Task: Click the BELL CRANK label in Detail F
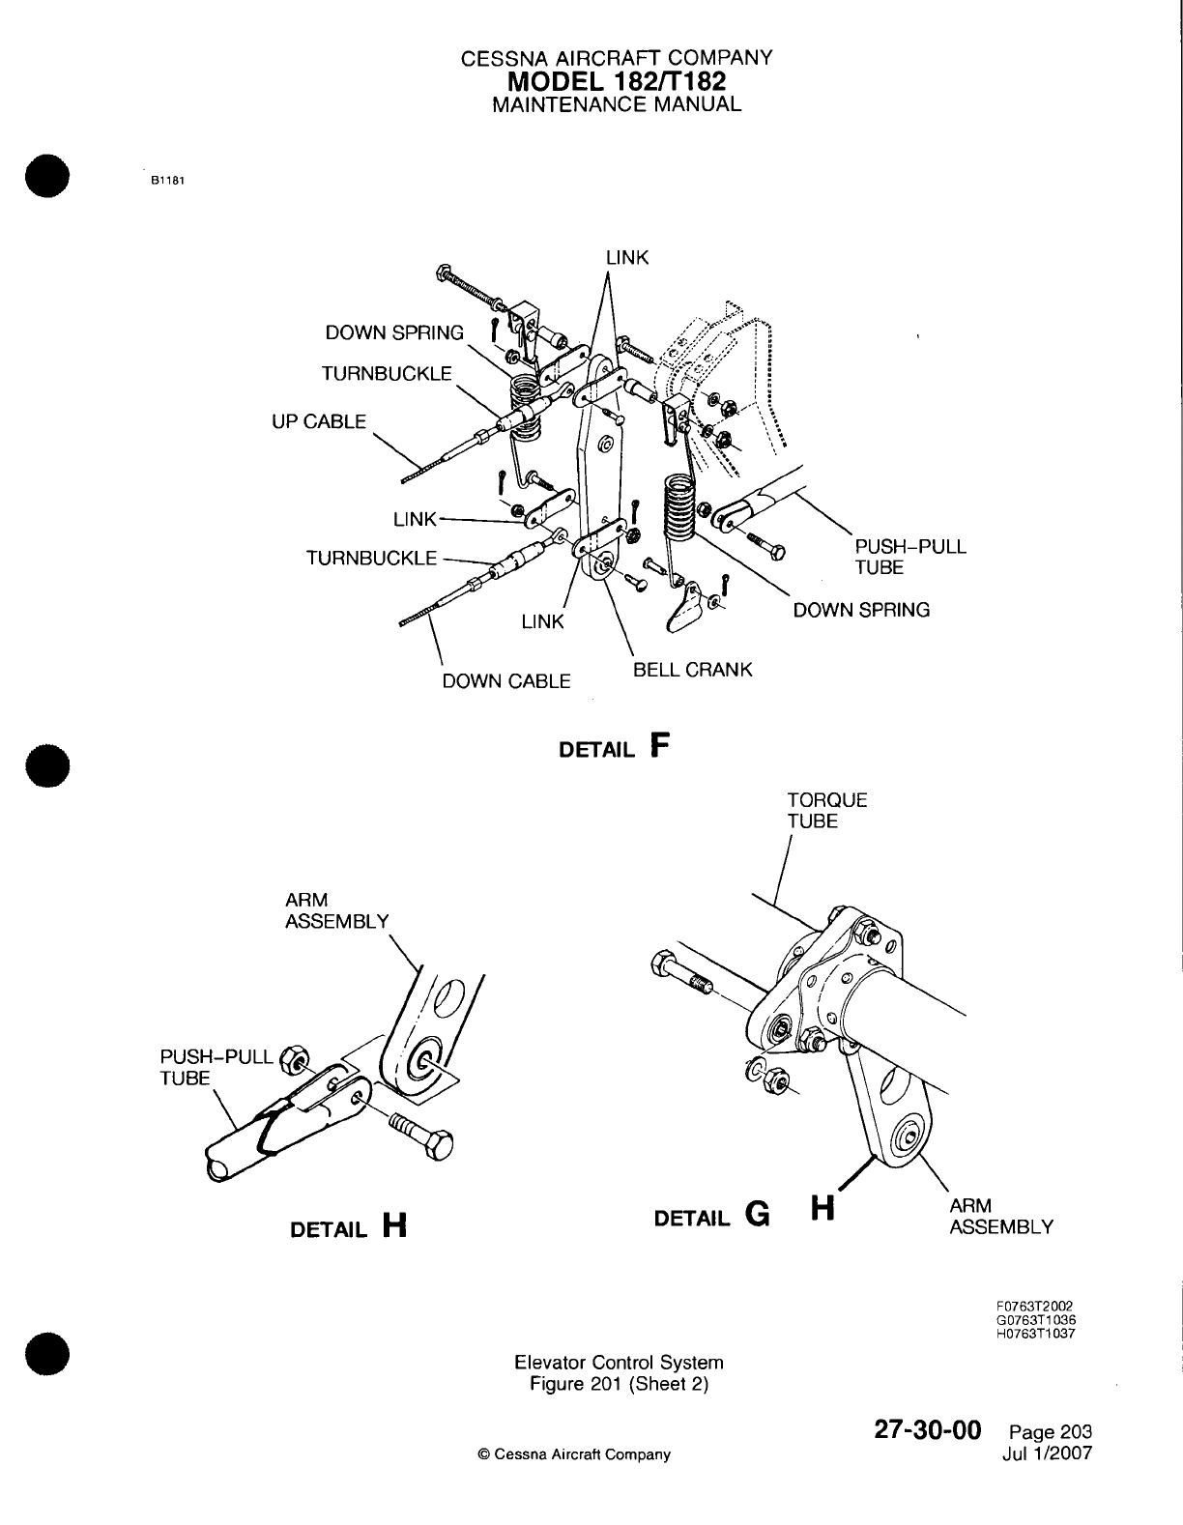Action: [692, 670]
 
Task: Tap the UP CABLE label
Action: [319, 421]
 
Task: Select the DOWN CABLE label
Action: [505, 681]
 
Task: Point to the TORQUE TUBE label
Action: [813, 811]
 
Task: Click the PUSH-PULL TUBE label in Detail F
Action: [909, 557]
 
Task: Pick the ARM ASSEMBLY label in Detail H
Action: [336, 910]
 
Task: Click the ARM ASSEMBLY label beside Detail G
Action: [1000, 1216]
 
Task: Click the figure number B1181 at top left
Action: [166, 181]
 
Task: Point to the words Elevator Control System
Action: [619, 1363]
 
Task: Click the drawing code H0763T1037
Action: [1035, 1335]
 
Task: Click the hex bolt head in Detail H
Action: [438, 1146]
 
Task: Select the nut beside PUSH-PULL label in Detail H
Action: [293, 1059]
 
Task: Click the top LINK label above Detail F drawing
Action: [627, 258]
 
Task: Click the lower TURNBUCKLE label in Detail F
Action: [371, 558]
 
